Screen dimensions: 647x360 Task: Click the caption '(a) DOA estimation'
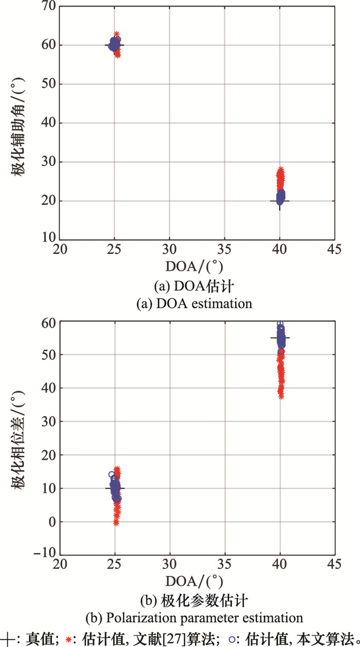point(195,303)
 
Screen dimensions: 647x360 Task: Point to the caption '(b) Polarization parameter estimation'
point(195,617)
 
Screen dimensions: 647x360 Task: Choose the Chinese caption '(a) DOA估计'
point(195,286)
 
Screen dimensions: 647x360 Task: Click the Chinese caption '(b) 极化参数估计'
point(195,600)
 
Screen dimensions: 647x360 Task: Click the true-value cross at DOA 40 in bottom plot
point(280,338)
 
